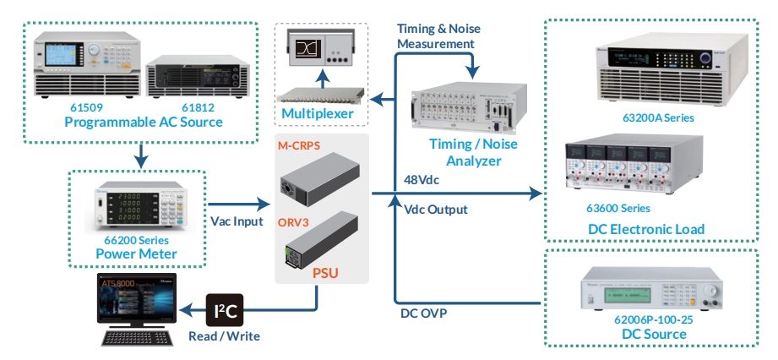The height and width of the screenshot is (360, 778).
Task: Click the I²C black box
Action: point(225,313)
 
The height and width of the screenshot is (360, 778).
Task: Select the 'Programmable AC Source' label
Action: point(144,123)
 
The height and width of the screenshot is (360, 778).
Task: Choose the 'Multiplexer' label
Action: point(318,113)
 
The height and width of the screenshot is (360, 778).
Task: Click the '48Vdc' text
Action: point(422,179)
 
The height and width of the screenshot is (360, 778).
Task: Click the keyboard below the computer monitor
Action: point(137,339)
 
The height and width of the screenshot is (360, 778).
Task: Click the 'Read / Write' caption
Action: point(225,336)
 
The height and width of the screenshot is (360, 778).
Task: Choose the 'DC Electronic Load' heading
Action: point(646,229)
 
